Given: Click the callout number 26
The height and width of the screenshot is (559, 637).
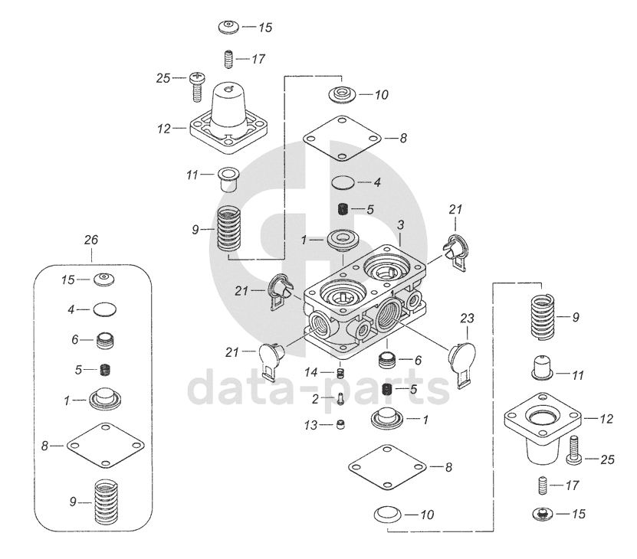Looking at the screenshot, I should [x=90, y=240].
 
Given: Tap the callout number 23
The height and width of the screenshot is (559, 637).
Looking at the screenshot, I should [x=468, y=317].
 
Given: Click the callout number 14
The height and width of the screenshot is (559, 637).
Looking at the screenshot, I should [x=311, y=372].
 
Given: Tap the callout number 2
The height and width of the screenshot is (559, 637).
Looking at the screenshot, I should [x=314, y=398].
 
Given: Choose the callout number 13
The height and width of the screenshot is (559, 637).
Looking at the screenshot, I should [x=311, y=424].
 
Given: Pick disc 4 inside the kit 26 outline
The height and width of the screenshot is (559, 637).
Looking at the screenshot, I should [x=105, y=310].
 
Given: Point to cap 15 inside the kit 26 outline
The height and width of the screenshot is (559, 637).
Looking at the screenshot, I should [x=105, y=279].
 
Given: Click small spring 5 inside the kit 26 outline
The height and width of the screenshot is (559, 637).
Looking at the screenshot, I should [x=107, y=371].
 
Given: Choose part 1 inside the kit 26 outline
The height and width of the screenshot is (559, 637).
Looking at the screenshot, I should [x=105, y=399].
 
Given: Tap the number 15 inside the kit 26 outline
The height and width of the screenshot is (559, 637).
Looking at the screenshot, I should [x=69, y=279].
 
